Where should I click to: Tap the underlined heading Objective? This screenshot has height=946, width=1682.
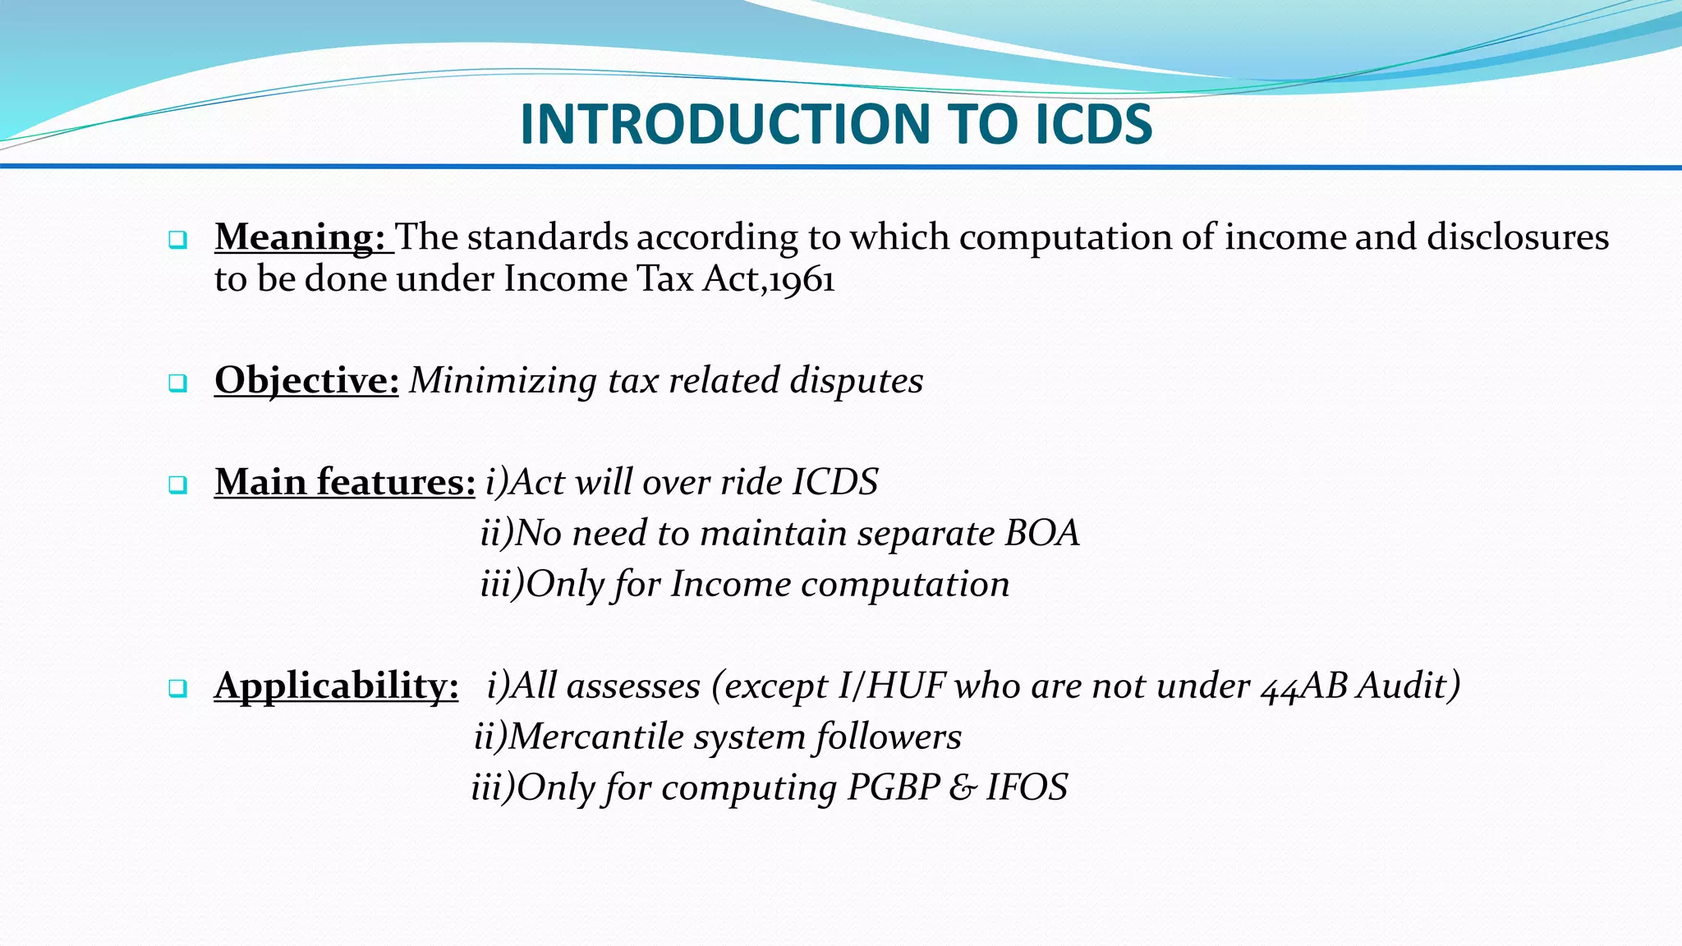point(306,381)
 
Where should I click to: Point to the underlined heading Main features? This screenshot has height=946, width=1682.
point(345,482)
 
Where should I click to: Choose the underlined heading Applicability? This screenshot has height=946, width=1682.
point(337,686)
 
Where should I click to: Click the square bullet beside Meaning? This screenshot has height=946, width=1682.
point(177,241)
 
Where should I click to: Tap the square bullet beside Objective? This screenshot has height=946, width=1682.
point(177,383)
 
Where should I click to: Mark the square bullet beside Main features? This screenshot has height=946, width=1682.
point(177,485)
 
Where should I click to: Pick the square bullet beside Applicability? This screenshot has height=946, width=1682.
point(177,689)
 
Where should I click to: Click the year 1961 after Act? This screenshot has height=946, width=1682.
point(802,280)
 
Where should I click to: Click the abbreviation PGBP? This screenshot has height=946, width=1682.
point(894,788)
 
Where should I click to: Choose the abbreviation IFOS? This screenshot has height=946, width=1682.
point(1027,788)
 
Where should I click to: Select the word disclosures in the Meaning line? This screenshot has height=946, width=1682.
point(1518,237)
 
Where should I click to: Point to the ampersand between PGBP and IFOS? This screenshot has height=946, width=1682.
point(963,788)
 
